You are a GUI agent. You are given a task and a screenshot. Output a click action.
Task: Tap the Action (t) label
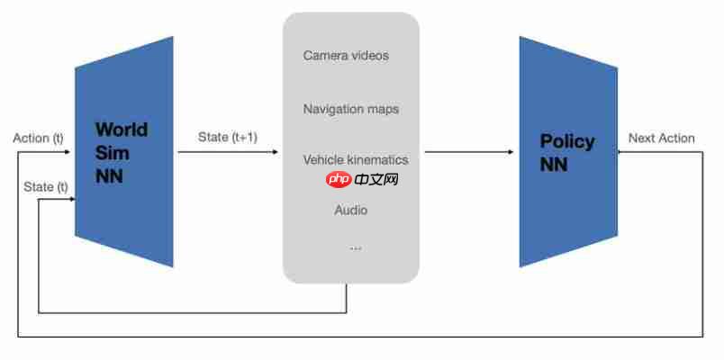tap(39, 139)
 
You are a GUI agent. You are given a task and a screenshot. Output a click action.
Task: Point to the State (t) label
tap(46, 186)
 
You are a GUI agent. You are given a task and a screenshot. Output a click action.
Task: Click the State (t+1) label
tap(228, 137)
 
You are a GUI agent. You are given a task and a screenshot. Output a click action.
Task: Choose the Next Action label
tap(662, 138)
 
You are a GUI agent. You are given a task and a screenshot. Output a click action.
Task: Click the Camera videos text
tap(346, 56)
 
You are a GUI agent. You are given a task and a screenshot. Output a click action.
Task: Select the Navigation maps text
tap(351, 109)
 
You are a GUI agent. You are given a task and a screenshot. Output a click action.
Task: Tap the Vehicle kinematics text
tap(356, 159)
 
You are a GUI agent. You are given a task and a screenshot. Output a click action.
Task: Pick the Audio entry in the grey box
tap(351, 211)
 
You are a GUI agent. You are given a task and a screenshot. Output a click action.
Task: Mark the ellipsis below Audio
tap(355, 247)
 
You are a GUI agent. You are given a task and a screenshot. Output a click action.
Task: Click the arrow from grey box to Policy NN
tap(468, 152)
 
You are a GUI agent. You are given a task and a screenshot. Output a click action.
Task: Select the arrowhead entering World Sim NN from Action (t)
tap(68, 152)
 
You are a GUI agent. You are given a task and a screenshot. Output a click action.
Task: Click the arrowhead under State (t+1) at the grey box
tap(275, 152)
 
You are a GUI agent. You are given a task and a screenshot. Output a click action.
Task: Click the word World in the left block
tap(122, 130)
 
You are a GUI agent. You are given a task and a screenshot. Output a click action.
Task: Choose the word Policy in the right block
tap(567, 141)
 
